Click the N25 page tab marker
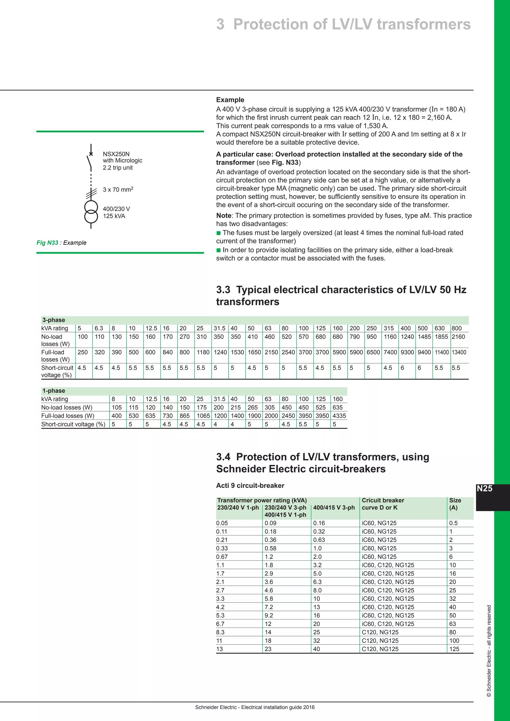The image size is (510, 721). click(x=485, y=489)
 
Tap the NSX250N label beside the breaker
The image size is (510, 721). click(x=116, y=154)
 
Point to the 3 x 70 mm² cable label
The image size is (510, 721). click(x=118, y=190)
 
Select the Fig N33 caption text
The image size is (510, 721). click(x=62, y=243)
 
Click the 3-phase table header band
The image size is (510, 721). click(x=254, y=320)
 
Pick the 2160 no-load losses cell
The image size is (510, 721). click(x=458, y=337)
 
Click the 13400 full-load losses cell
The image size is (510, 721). click(x=459, y=352)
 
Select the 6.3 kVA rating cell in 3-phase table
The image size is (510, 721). click(x=99, y=328)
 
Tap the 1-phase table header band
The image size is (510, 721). click(x=194, y=391)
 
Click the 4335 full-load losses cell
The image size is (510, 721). click(x=339, y=416)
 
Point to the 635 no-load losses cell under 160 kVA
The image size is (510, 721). click(x=338, y=407)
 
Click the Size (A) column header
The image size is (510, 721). click(x=455, y=504)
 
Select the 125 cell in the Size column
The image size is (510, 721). click(x=454, y=649)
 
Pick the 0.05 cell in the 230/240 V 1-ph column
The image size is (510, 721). click(x=222, y=523)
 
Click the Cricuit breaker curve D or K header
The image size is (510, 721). click(x=383, y=504)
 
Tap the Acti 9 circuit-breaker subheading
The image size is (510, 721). click(x=250, y=485)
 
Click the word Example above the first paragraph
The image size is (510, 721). click(x=230, y=100)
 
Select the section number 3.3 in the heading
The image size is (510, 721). click(x=223, y=290)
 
